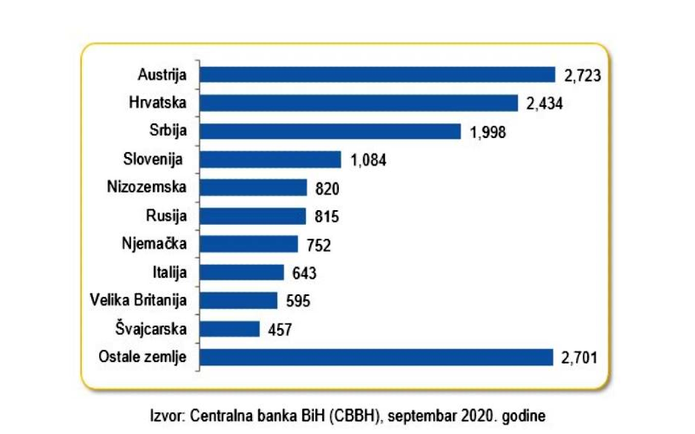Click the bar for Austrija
click(377, 75)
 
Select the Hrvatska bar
click(359, 103)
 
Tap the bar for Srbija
click(330, 131)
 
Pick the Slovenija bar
click(270, 160)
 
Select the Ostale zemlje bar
click(376, 357)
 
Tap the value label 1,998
click(486, 132)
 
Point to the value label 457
click(279, 329)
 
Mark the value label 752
click(318, 245)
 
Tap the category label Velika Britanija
click(139, 300)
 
